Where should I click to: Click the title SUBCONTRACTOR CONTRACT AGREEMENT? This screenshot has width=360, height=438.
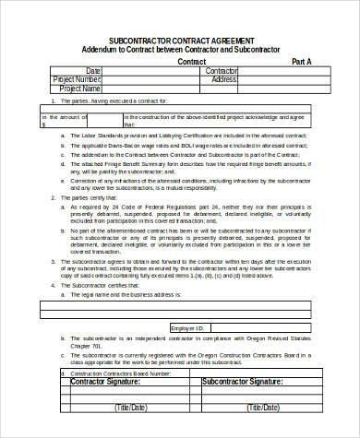[180, 41]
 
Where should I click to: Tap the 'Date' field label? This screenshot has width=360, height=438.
[92, 70]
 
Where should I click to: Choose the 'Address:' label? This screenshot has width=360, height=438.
[224, 79]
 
